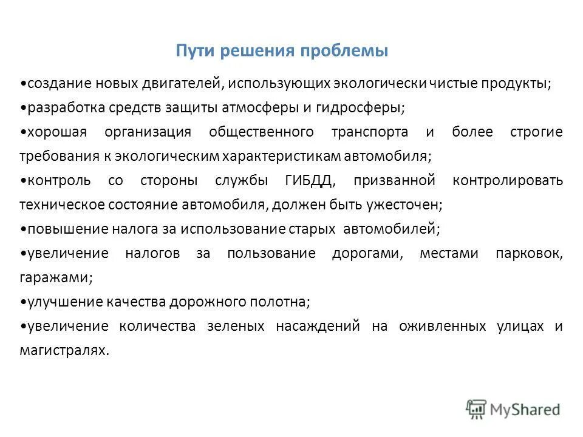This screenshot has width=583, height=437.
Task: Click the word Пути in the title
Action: pyautogui.click(x=192, y=51)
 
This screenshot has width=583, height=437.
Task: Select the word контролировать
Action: pyautogui.click(x=508, y=181)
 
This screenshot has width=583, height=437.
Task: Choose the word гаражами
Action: pyautogui.click(x=56, y=277)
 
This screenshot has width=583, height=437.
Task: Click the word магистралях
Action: pyautogui.click(x=64, y=350)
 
